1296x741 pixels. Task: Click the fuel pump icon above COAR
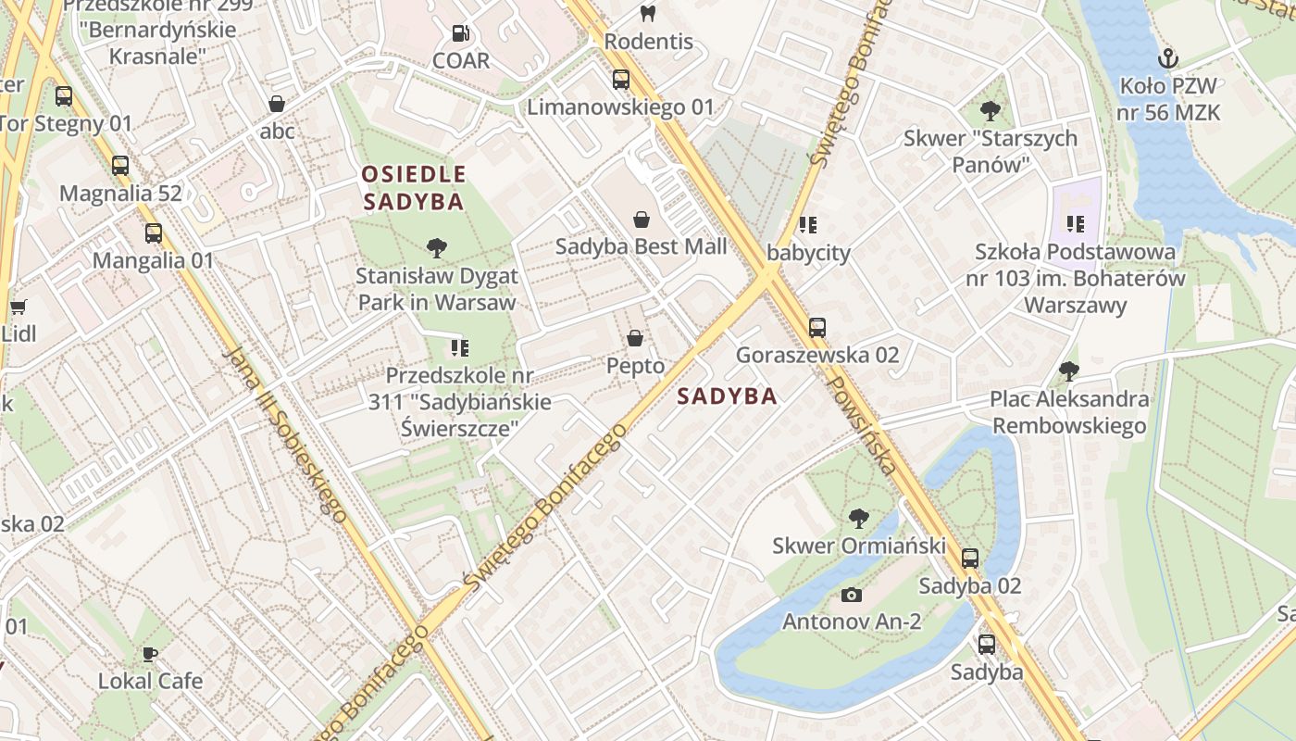(x=460, y=34)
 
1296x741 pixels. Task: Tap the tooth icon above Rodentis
(x=648, y=13)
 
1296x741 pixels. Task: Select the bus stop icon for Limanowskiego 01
(x=620, y=80)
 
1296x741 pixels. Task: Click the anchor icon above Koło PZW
(x=1168, y=59)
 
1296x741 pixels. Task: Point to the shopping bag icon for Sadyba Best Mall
(x=641, y=220)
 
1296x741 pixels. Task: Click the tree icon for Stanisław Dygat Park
(x=437, y=248)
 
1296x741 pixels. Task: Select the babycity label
(x=808, y=252)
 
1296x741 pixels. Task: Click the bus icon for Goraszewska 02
(x=816, y=327)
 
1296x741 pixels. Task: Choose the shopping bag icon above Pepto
(x=635, y=338)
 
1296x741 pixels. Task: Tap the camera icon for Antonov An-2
(x=851, y=594)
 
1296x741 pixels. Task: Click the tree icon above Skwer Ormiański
(x=859, y=519)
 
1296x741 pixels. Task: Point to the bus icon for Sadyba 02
(x=969, y=559)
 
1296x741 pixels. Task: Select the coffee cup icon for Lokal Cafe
(x=150, y=654)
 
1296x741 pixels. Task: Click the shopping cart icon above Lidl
(x=18, y=307)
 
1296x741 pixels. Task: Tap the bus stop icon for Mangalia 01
(x=153, y=233)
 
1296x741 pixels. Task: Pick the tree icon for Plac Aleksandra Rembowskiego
(x=1068, y=372)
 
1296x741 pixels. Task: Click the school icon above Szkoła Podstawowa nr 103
(x=1075, y=223)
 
